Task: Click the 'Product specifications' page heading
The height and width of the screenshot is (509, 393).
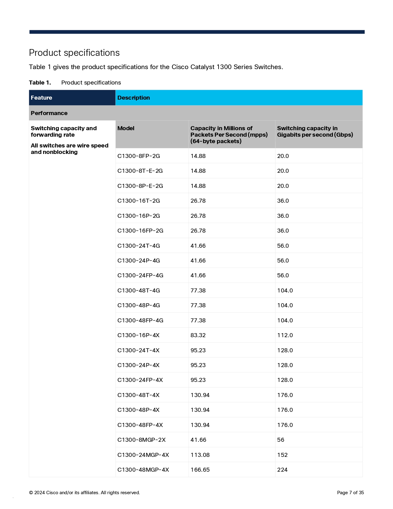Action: tap(74, 53)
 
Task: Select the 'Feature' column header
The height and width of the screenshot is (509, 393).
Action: tap(41, 98)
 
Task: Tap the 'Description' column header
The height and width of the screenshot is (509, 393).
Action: tap(133, 98)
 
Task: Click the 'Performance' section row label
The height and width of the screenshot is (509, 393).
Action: tap(49, 113)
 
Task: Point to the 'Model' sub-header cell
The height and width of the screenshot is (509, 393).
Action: tap(126, 128)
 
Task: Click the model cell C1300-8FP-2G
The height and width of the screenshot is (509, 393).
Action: tap(138, 156)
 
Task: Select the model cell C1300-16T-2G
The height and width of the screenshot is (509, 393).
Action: tap(138, 201)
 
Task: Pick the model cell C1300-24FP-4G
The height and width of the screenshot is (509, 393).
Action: tap(140, 275)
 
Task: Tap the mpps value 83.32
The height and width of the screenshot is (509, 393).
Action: tap(198, 335)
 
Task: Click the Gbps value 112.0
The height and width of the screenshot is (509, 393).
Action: tap(285, 335)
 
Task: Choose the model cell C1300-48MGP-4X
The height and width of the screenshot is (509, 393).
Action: tap(143, 470)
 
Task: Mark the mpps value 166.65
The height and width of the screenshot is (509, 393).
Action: tap(200, 470)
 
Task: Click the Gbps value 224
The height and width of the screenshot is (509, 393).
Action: tap(282, 470)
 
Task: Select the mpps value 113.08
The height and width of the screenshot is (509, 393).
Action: tap(200, 455)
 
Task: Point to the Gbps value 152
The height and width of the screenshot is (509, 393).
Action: tap(282, 455)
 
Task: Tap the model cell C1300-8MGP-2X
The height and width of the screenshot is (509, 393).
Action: tap(141, 440)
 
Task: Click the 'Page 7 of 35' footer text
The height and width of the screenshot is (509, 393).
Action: tap(350, 493)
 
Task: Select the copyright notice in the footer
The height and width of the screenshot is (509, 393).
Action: tap(84, 493)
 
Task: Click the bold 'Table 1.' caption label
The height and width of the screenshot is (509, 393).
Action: tap(40, 83)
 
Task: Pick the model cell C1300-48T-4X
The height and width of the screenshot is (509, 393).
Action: tap(138, 395)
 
